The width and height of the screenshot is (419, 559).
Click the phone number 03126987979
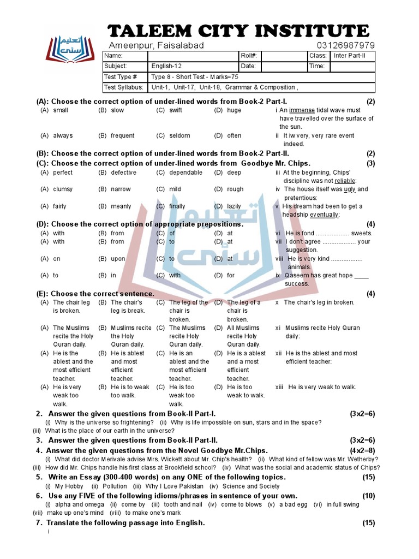[345, 45]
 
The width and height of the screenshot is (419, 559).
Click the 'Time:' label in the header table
[317, 66]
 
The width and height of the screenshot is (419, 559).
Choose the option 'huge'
[234, 110]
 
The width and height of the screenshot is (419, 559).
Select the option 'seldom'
[179, 135]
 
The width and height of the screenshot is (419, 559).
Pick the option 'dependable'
[185, 173]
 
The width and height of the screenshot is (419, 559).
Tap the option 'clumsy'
[63, 189]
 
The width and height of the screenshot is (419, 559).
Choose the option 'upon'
[118, 259]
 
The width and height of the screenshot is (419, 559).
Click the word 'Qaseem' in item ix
[296, 276]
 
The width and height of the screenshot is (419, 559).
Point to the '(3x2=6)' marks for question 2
[362, 414]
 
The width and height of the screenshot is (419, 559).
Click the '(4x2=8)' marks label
[362, 450]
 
